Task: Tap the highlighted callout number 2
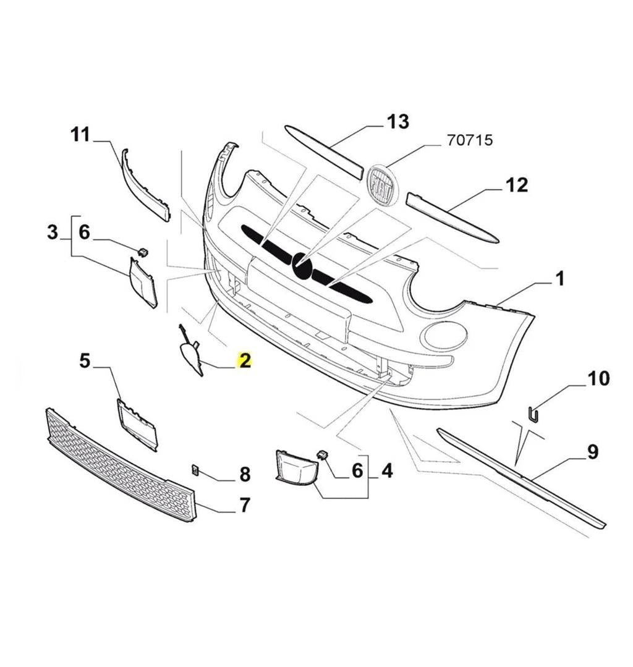[245, 360]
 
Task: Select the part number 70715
[470, 140]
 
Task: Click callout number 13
[398, 122]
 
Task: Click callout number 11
[80, 135]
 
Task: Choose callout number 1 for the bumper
[559, 279]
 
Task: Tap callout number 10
[598, 378]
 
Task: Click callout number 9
[592, 452]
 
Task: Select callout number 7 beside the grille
[245, 505]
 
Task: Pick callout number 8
[245, 474]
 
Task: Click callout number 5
[85, 360]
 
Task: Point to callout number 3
[53, 232]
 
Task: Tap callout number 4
[386, 471]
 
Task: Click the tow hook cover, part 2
[190, 357]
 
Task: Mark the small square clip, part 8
[195, 470]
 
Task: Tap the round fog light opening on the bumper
[443, 334]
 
